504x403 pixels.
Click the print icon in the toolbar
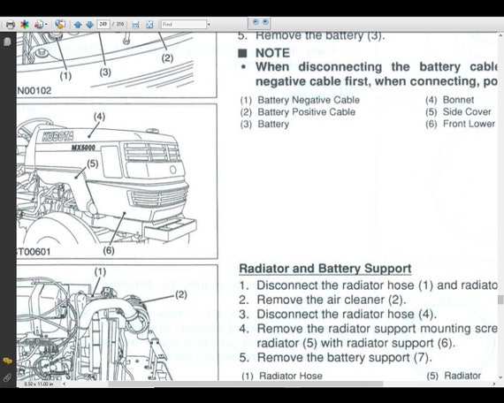pyautogui.click(x=10, y=25)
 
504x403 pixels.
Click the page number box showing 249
pyautogui.click(x=104, y=25)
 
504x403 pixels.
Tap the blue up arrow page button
pyautogui.click(x=78, y=25)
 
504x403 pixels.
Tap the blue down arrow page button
pyautogui.click(x=89, y=25)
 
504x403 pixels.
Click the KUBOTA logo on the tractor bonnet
pyautogui.click(x=64, y=137)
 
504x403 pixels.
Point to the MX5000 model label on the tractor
pyautogui.click(x=84, y=148)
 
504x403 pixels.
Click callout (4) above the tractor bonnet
pyautogui.click(x=98, y=117)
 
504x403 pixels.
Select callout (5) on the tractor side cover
pyautogui.click(x=92, y=163)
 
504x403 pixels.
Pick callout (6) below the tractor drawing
pyautogui.click(x=109, y=250)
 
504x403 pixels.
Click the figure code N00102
pyautogui.click(x=35, y=89)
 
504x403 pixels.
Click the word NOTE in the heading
pyautogui.click(x=272, y=52)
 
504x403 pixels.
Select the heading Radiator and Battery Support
pyautogui.click(x=325, y=268)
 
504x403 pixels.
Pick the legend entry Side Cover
pyautogui.click(x=467, y=112)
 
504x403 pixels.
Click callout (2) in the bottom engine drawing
pyautogui.click(x=180, y=294)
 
